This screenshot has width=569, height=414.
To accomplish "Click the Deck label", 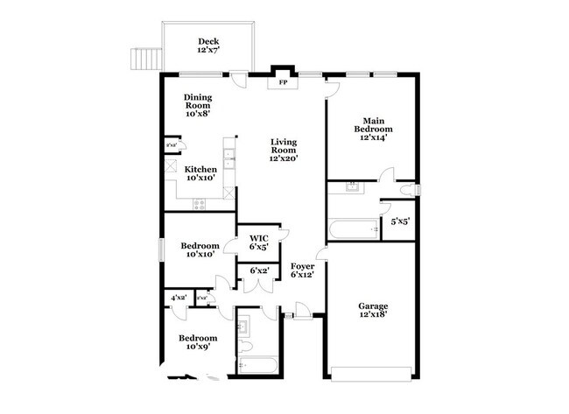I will [207, 46].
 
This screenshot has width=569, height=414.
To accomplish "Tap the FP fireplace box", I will [282, 82].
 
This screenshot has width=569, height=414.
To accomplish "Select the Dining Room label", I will [198, 106].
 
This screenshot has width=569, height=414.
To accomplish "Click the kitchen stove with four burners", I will [200, 205].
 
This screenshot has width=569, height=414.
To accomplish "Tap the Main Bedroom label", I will [373, 130].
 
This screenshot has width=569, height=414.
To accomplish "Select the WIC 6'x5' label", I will [258, 242].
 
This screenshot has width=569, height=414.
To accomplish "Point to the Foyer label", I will [303, 270].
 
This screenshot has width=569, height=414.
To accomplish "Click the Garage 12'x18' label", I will [373, 310].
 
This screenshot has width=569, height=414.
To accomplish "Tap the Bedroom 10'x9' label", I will [198, 342].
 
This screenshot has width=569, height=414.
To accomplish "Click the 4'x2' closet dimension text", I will [179, 298].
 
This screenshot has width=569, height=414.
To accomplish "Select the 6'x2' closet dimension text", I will [258, 271].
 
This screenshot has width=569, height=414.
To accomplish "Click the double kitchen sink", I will [228, 158].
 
